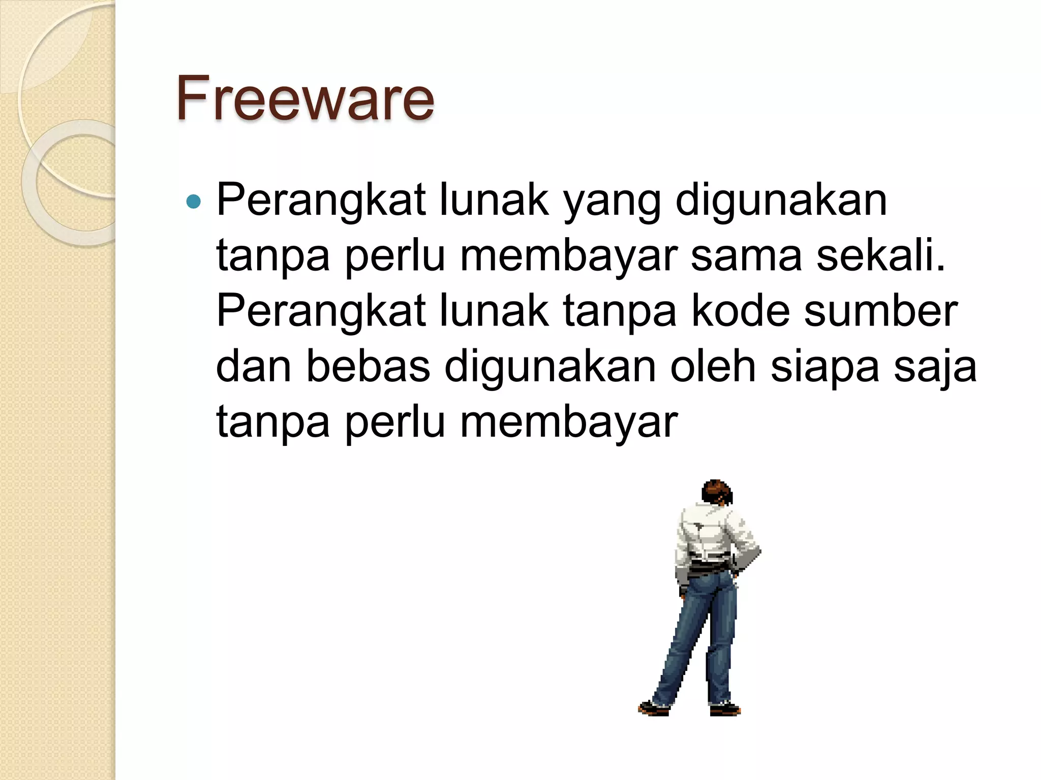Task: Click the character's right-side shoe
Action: (x=724, y=708)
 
